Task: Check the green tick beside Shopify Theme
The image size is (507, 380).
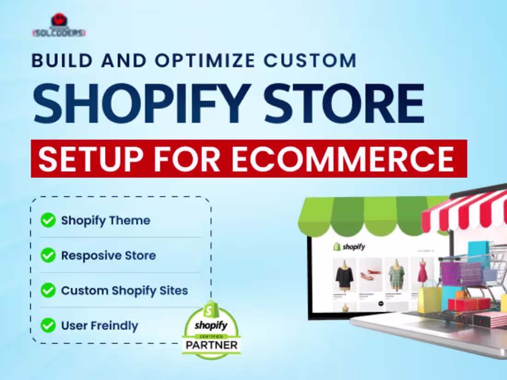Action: pyautogui.click(x=48, y=220)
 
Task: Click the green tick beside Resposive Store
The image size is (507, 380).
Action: pyautogui.click(x=48, y=255)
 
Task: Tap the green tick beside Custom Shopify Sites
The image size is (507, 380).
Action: pyautogui.click(x=48, y=290)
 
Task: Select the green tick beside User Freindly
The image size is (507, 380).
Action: pyautogui.click(x=48, y=326)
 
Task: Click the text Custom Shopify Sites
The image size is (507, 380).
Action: pyautogui.click(x=124, y=291)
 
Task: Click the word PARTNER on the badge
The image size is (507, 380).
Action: pyautogui.click(x=211, y=345)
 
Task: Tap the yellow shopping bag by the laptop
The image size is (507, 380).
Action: pyautogui.click(x=430, y=299)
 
